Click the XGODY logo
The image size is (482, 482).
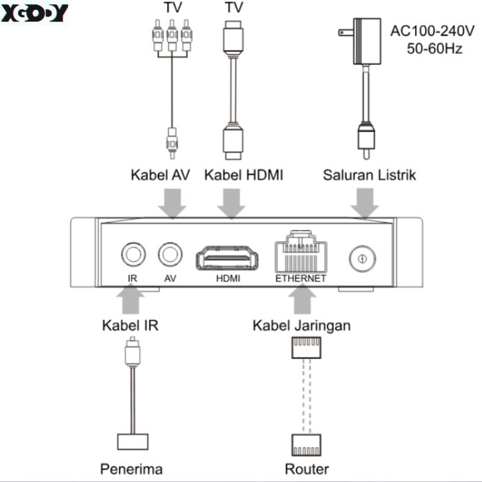coord(34,13)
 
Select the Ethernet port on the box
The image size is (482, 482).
coord(301,252)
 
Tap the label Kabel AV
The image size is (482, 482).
coord(160,176)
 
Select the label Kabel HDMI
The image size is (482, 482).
coord(244,176)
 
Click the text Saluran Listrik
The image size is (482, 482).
coord(369,176)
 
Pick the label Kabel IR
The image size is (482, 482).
coord(130,326)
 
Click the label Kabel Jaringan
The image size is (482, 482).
coord(301,326)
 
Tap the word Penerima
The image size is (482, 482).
coord(131,469)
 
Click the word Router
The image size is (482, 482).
coord(307,469)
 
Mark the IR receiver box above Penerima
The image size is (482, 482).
coord(133,442)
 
